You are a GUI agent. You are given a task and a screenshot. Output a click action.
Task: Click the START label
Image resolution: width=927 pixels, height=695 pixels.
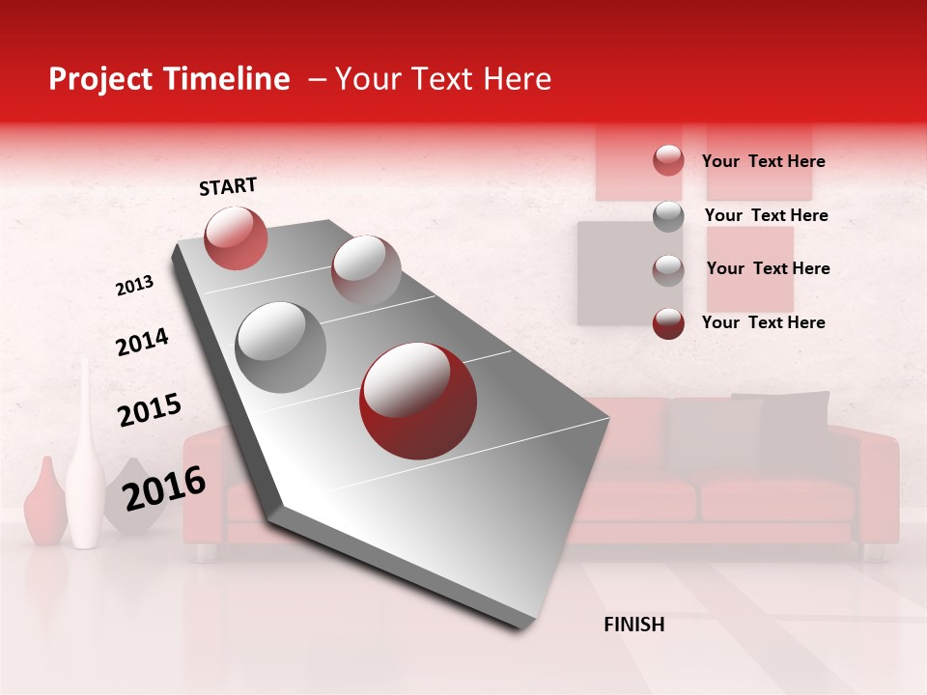pyautogui.click(x=228, y=186)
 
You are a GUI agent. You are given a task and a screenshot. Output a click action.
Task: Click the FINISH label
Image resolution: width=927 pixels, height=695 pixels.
pyautogui.click(x=633, y=625)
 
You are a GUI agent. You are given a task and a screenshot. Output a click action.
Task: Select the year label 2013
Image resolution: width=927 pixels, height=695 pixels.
pyautogui.click(x=134, y=285)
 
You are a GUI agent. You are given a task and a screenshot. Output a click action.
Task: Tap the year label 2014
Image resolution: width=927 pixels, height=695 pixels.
pyautogui.click(x=142, y=342)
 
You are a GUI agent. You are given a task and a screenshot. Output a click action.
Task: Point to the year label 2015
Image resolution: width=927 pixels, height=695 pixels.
pyautogui.click(x=149, y=410)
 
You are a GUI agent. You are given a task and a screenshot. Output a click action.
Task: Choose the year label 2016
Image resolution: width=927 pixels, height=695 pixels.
pyautogui.click(x=164, y=487)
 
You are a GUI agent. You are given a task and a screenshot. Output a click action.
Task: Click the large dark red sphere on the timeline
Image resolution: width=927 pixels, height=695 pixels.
pyautogui.click(x=418, y=401)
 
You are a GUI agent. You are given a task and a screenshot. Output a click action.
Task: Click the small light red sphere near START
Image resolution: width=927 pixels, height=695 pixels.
pyautogui.click(x=236, y=237)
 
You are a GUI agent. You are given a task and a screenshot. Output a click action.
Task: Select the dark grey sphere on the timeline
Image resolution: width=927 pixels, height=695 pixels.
pyautogui.click(x=281, y=347)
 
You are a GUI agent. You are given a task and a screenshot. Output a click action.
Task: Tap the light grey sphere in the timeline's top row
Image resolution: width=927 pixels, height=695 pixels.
pyautogui.click(x=366, y=269)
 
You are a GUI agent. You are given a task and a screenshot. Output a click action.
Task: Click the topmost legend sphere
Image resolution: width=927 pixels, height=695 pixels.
pyautogui.click(x=668, y=160)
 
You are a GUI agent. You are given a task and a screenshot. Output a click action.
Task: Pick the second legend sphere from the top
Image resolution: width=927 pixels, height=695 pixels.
pyautogui.click(x=668, y=216)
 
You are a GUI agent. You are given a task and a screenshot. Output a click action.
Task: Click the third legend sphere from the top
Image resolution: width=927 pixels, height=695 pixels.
pyautogui.click(x=668, y=270)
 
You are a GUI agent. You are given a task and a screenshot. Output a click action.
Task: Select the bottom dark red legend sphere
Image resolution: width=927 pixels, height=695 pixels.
pyautogui.click(x=668, y=323)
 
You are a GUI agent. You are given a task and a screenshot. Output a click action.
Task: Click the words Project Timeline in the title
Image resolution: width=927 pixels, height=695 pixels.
pyautogui.click(x=169, y=79)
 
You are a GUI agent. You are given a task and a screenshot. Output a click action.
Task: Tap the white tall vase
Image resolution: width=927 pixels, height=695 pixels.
pyautogui.click(x=85, y=463)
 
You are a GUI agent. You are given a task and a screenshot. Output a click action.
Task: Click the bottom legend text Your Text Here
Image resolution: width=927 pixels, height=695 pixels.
pyautogui.click(x=763, y=322)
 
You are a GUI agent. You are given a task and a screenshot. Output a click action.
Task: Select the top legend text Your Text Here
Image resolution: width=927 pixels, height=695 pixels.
pyautogui.click(x=763, y=161)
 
